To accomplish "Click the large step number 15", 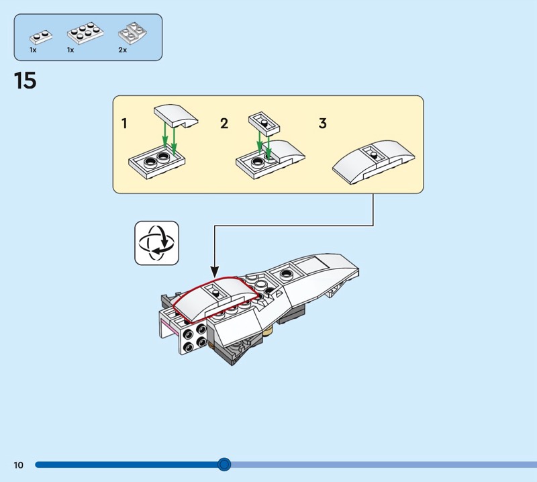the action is (25, 81).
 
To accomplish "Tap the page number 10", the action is (19, 465).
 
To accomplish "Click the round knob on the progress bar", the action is (224, 465).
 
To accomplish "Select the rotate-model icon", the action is (157, 243).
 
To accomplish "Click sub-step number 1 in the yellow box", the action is (124, 124).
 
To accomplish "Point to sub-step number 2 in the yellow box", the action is (224, 124).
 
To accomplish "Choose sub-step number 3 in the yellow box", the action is (323, 124).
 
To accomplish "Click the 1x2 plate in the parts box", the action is (41, 37).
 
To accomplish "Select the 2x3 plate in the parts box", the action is (85, 34).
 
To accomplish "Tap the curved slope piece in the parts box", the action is (132, 34).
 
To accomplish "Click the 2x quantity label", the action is (123, 50).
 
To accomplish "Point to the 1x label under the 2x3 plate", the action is (70, 50).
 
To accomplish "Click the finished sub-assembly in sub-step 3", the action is (374, 161).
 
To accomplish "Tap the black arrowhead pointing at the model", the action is (214, 272).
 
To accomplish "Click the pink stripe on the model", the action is (168, 327).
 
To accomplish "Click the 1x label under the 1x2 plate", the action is (33, 50).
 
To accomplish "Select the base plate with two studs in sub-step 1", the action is (157, 162).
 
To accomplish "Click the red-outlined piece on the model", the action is (215, 299).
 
